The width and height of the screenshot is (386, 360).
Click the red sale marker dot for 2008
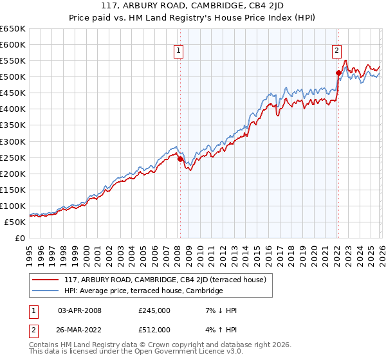tap(180, 159)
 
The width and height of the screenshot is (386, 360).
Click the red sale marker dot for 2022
tap(338, 73)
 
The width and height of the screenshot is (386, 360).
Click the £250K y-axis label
tap(13, 157)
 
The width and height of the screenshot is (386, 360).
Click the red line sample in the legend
tap(46, 279)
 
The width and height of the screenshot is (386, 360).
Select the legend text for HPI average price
tap(143, 291)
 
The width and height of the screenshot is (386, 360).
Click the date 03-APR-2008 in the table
tap(80, 310)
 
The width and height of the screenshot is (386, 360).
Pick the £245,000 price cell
tap(154, 310)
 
